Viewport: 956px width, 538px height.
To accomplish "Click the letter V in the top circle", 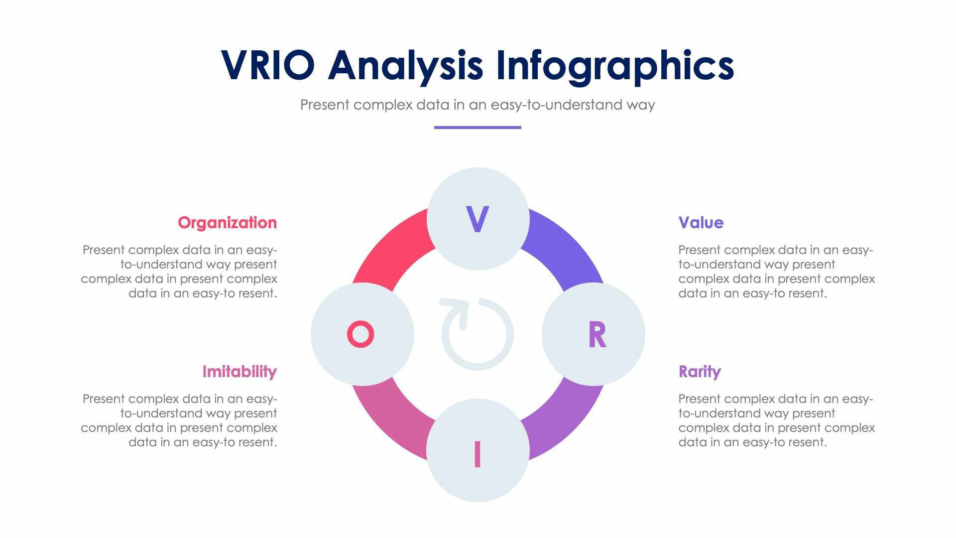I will pos(478,219).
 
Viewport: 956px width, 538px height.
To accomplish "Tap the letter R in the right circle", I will pos(597,335).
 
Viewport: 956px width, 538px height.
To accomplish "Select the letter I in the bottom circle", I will pos(478,454).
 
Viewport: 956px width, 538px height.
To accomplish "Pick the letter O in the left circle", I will pos(360,334).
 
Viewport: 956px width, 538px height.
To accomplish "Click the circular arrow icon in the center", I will pos(477,334).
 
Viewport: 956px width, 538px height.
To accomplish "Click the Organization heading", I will pos(227,223).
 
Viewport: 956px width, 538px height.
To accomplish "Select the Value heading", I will pos(701,223).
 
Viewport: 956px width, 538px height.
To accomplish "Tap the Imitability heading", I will pos(239,372).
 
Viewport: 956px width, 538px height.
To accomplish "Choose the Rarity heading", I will pos(700,372).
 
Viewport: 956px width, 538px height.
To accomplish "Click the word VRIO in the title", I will pos(268,65).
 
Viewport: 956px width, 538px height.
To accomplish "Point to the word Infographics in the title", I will pos(615,66).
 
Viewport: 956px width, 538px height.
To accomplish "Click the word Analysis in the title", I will pos(405,66).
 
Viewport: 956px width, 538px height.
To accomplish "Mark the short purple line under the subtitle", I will pos(478,128).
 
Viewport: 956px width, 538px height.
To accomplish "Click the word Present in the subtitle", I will pos(325,105).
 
